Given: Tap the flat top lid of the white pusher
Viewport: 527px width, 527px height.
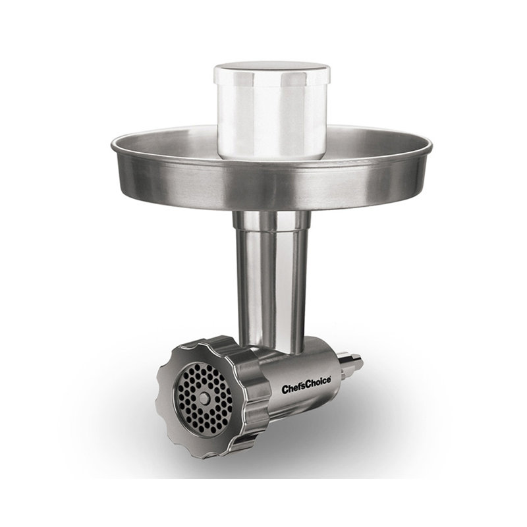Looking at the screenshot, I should [x=271, y=68].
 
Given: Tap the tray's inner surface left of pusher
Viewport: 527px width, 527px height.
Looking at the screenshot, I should [x=171, y=142].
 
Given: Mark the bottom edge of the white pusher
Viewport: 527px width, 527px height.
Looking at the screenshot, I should [x=271, y=157].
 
